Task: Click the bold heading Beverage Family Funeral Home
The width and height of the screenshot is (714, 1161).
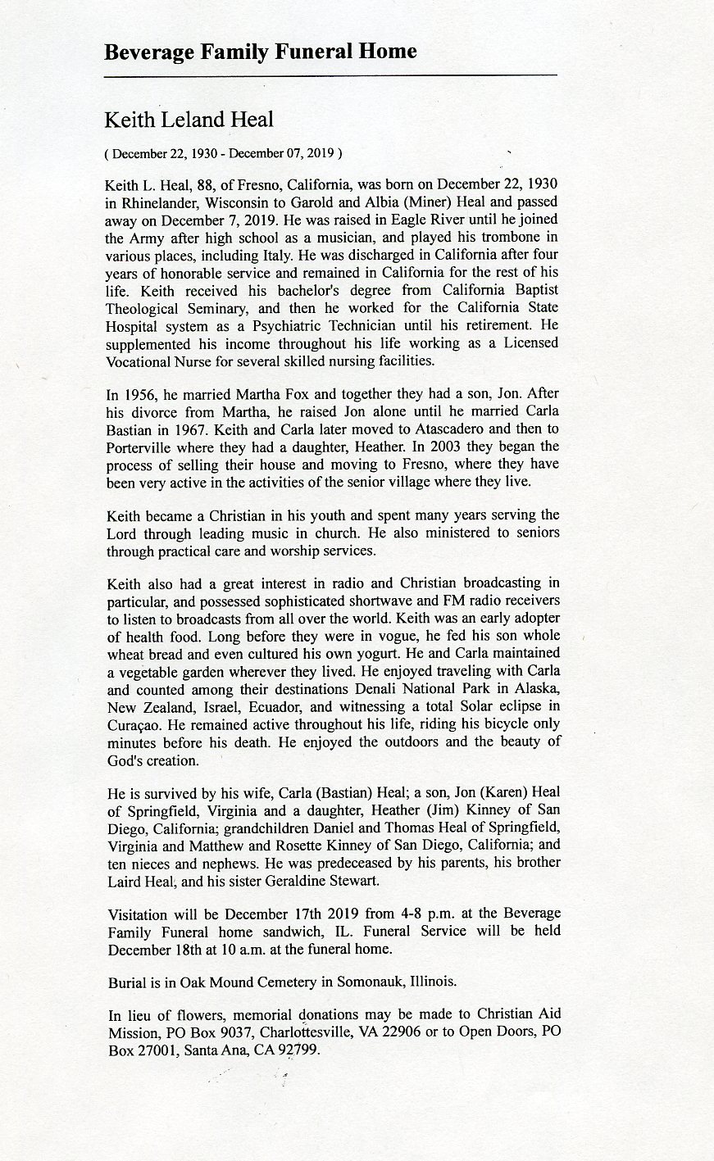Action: (x=261, y=52)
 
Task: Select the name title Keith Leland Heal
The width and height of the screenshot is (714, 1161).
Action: (x=189, y=120)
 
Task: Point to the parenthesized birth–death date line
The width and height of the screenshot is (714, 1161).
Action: (x=224, y=153)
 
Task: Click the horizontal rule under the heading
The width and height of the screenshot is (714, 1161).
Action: (x=331, y=75)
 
